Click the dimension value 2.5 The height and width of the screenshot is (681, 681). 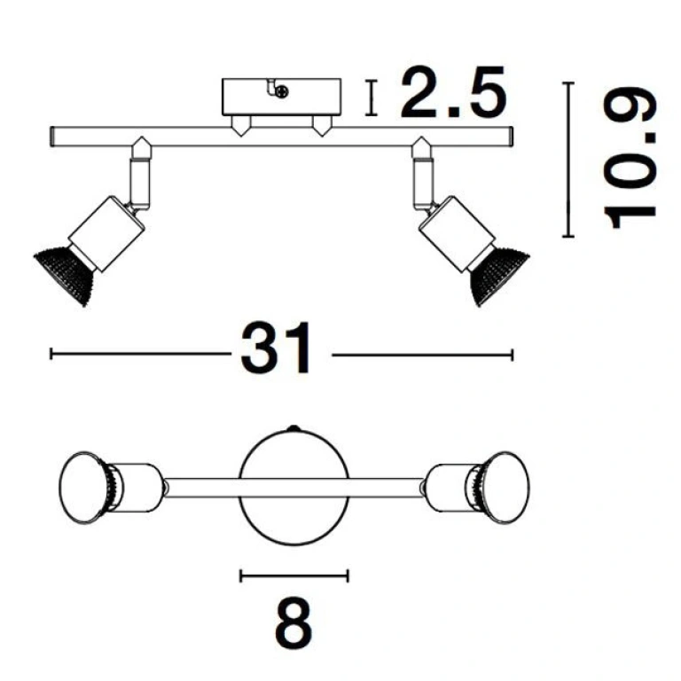pyautogui.click(x=453, y=92)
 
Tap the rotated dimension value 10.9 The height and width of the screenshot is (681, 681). pyautogui.click(x=630, y=159)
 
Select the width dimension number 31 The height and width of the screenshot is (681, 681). pyautogui.click(x=277, y=348)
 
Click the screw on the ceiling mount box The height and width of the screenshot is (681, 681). pyautogui.click(x=282, y=91)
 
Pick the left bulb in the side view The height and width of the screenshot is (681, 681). pyautogui.click(x=64, y=275)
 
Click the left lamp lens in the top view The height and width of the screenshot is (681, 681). pyautogui.click(x=82, y=488)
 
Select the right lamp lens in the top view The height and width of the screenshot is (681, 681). pyautogui.click(x=507, y=488)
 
